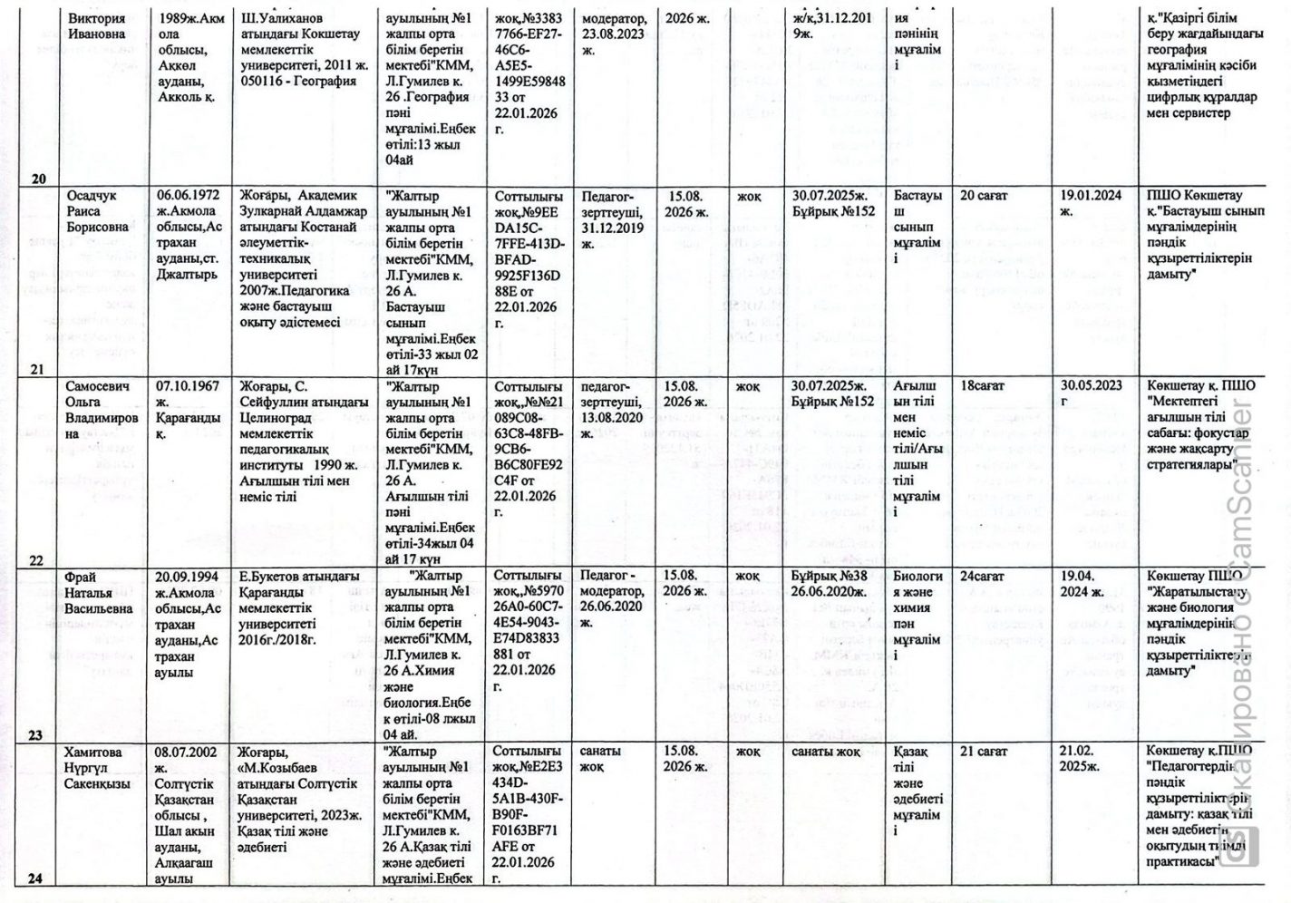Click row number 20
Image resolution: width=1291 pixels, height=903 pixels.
tap(38, 179)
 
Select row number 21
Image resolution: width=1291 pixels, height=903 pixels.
tap(37, 369)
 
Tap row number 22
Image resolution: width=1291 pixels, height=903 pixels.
tap(36, 559)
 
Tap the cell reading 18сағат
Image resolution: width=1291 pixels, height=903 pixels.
tap(983, 386)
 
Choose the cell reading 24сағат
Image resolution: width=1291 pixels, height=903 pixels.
tap(983, 576)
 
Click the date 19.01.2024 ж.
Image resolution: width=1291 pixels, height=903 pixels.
tap(1091, 203)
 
